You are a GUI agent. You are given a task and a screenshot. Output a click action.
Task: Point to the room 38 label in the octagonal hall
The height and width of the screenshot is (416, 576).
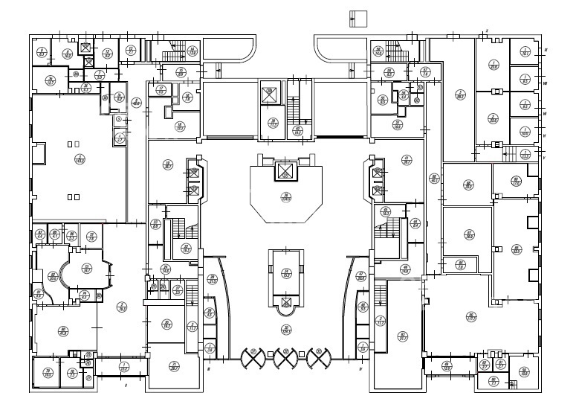pyautogui.click(x=285, y=196)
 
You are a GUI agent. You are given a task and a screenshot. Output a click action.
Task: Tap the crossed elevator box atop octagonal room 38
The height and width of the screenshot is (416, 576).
pyautogui.click(x=285, y=172)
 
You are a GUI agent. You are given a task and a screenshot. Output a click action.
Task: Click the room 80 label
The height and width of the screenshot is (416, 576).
pyautogui.click(x=64, y=331)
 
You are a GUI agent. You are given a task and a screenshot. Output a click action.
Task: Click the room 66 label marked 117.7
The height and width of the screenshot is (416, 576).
pyautogui.click(x=470, y=316)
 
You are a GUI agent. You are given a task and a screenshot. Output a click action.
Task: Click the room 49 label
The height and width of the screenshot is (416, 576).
pyautogui.click(x=405, y=269)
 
